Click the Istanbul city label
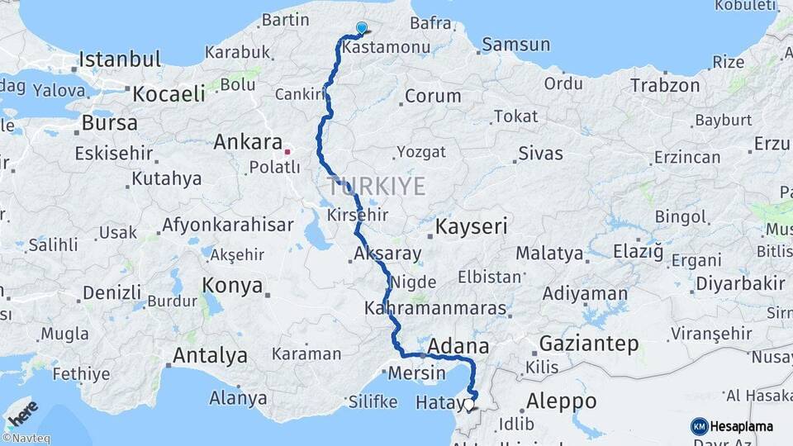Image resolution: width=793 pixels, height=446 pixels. [x=120, y=59]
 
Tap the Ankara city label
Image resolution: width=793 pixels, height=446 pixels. [x=248, y=142]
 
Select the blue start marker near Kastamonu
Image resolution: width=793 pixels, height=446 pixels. [x=361, y=29]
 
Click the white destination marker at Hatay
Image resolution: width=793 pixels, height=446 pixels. [x=470, y=405]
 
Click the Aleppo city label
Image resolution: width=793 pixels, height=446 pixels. [x=561, y=401]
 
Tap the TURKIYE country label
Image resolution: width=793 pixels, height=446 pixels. [x=376, y=186]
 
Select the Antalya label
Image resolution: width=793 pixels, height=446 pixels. [x=210, y=356]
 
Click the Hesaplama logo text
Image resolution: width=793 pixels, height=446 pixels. [x=742, y=426]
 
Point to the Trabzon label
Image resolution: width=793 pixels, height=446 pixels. [x=665, y=85]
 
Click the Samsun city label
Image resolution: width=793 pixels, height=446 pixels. [x=515, y=45]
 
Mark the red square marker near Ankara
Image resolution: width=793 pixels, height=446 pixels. [x=287, y=151]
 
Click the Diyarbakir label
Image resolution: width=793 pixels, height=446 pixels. [x=740, y=283]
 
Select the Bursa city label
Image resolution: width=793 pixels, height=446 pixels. [x=110, y=124]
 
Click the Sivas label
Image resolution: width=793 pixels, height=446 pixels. [x=540, y=153]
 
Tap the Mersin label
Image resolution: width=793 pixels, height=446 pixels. [x=416, y=372]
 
